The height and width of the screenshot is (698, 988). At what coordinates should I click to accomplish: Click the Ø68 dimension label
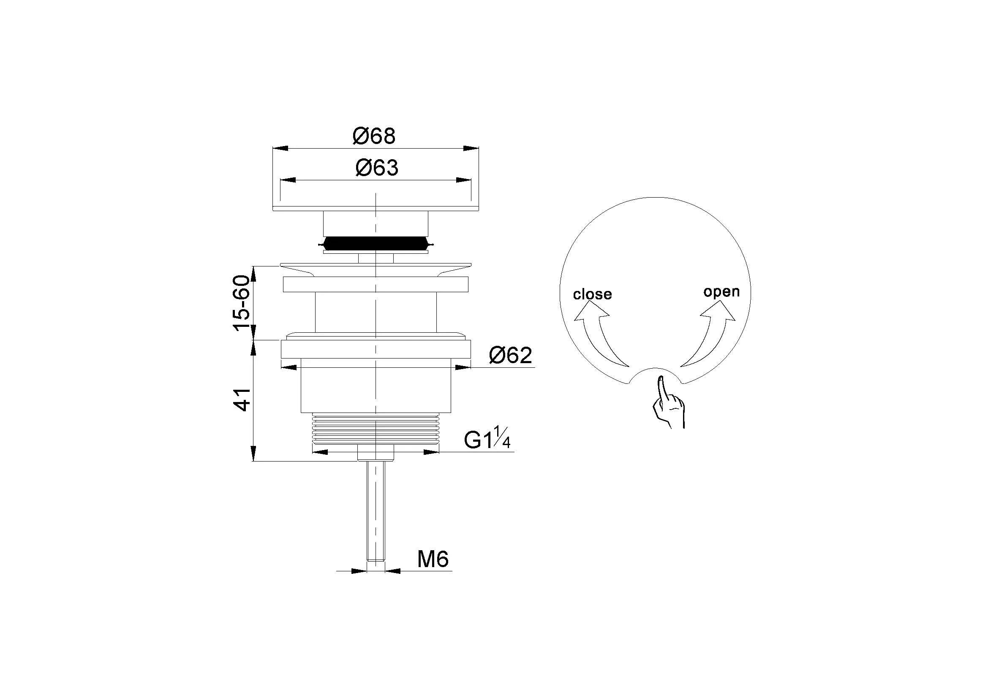coord(373,136)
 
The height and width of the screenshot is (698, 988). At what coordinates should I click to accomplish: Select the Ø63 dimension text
coord(377,167)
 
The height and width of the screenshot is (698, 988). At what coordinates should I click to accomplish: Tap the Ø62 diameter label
coord(511,355)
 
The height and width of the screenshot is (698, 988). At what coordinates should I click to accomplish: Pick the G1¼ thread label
coord(487,438)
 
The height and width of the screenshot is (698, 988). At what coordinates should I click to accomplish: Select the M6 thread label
coord(433,559)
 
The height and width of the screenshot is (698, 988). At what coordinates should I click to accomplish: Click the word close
coord(593,294)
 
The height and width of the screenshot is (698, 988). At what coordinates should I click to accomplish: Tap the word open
coord(721,292)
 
